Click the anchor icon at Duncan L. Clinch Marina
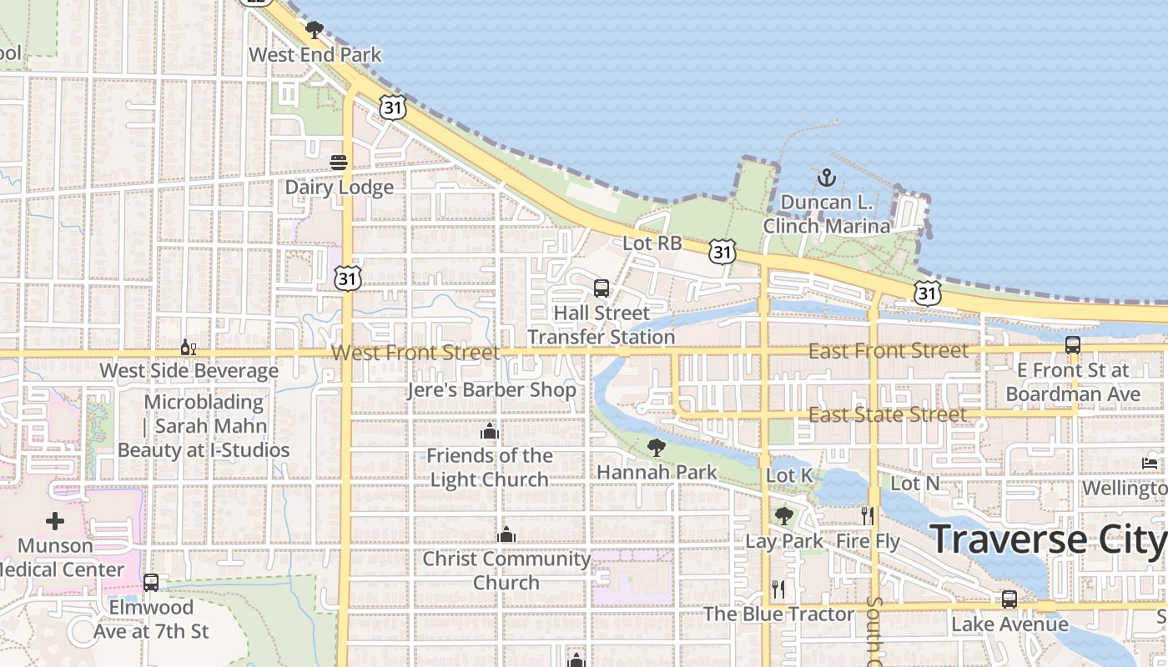click(826, 178)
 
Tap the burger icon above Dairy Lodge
click(339, 163)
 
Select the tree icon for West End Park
click(315, 31)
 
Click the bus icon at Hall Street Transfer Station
click(602, 288)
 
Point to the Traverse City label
click(1048, 539)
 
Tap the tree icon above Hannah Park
click(657, 448)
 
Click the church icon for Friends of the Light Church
click(490, 431)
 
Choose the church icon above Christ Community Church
click(506, 534)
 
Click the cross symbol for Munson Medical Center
click(55, 522)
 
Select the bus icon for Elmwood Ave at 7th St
click(151, 583)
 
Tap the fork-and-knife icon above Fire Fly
click(868, 516)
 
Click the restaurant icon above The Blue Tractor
click(778, 589)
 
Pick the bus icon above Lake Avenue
click(1009, 599)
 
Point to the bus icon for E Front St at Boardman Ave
click(1073, 344)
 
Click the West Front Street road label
click(415, 353)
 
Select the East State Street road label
click(888, 414)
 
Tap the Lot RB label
click(652, 243)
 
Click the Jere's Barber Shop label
click(492, 389)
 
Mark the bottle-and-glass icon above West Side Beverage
click(189, 347)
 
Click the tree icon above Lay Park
click(783, 516)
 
